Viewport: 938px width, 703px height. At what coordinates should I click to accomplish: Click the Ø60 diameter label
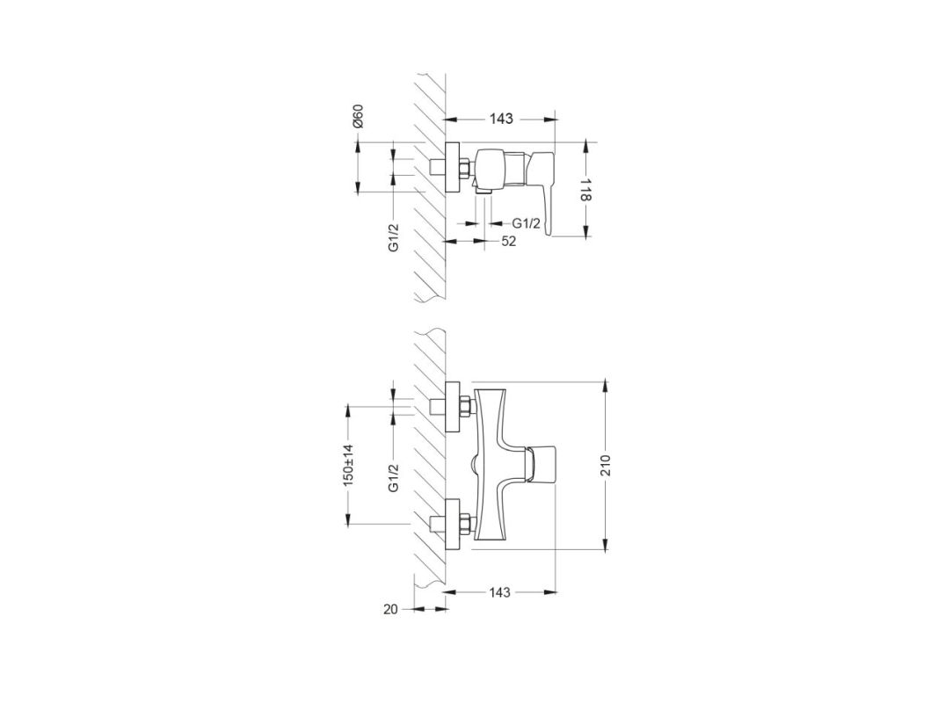pyautogui.click(x=358, y=116)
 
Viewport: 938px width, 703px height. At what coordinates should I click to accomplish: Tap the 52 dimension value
pyautogui.click(x=508, y=242)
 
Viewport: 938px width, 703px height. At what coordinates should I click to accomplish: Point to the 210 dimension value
pyautogui.click(x=606, y=467)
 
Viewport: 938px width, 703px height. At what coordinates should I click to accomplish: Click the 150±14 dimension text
pyautogui.click(x=348, y=465)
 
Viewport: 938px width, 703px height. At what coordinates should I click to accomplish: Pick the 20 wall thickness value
pyautogui.click(x=390, y=609)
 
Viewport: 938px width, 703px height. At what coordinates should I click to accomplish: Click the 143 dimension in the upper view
pyautogui.click(x=501, y=119)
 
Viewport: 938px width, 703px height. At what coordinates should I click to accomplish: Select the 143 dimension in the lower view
pyautogui.click(x=499, y=592)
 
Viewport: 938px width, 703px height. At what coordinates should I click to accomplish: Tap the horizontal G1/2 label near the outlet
pyautogui.click(x=526, y=223)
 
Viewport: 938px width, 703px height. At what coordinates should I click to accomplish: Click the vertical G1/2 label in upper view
pyautogui.click(x=393, y=236)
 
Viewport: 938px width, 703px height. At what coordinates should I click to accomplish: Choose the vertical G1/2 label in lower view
pyautogui.click(x=393, y=478)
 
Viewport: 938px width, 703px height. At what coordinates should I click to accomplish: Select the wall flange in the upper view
pyautogui.click(x=452, y=167)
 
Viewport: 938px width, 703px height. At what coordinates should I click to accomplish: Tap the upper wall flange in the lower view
pyautogui.click(x=452, y=407)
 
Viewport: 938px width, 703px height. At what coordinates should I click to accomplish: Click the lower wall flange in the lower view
pyautogui.click(x=452, y=524)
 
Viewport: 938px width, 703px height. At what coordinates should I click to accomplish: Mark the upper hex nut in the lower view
pyautogui.click(x=465, y=407)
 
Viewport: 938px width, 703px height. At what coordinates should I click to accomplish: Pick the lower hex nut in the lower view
pyautogui.click(x=465, y=524)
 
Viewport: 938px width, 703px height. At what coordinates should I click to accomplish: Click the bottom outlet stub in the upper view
pyautogui.click(x=484, y=190)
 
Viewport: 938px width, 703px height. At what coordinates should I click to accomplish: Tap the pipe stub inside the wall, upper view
pyautogui.click(x=438, y=167)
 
